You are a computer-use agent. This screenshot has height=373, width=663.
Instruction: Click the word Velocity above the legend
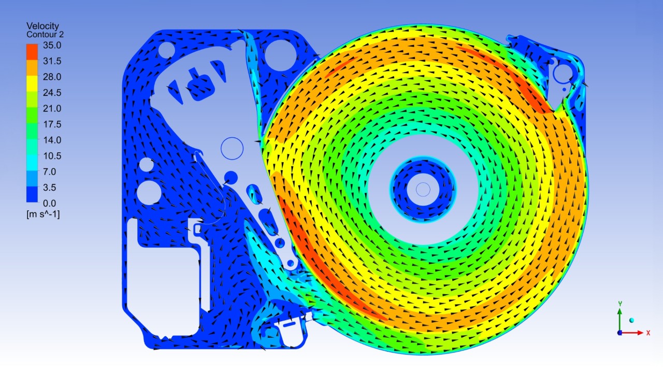tap(42, 26)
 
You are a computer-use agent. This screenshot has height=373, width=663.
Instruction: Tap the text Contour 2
tap(45, 34)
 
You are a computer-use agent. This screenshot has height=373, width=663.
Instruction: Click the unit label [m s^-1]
tap(43, 214)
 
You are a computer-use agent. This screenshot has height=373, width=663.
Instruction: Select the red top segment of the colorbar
tap(32, 52)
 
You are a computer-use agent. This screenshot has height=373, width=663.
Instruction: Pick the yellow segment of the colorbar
tap(32, 83)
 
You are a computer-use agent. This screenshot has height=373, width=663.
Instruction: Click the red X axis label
tap(648, 333)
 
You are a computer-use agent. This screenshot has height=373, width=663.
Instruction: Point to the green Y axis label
tap(619, 304)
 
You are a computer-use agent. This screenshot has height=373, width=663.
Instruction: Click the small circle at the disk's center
tap(423, 189)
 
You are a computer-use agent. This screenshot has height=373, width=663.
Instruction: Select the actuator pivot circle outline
tap(232, 148)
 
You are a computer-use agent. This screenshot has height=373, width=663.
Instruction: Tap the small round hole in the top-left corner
tap(166, 50)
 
